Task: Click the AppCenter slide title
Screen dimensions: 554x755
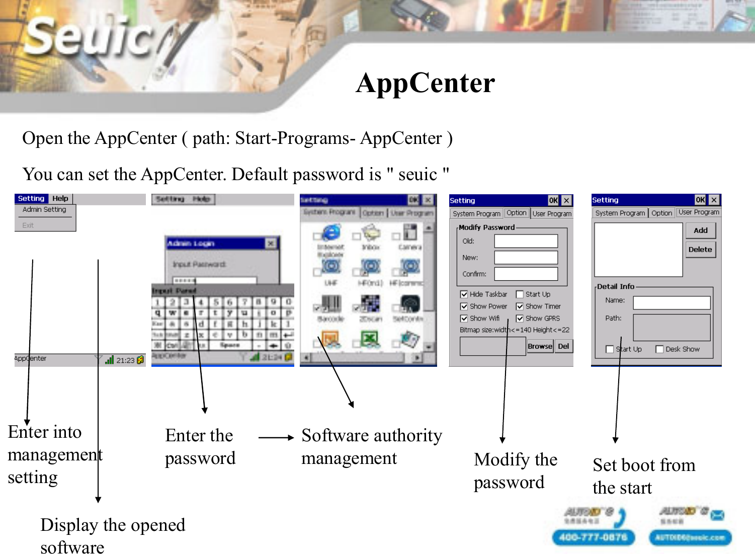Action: tap(425, 83)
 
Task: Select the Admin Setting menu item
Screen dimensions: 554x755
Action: tap(44, 210)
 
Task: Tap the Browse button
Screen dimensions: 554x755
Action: tap(540, 346)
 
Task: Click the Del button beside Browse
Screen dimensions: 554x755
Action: tap(563, 346)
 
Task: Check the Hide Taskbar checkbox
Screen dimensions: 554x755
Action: tap(464, 294)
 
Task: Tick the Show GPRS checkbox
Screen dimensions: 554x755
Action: tap(520, 319)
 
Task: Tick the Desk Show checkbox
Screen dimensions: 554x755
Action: tap(659, 349)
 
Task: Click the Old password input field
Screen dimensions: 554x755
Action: tap(526, 241)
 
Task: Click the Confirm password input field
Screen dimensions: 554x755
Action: tap(526, 274)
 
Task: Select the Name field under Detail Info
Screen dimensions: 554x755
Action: tap(671, 302)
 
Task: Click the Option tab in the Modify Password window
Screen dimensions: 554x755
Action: tap(516, 213)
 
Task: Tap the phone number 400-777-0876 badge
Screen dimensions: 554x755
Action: tap(594, 537)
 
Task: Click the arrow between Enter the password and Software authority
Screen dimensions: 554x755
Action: tap(276, 438)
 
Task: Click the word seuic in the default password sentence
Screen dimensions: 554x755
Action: tap(417, 175)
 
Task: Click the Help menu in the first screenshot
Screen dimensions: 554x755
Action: tap(60, 199)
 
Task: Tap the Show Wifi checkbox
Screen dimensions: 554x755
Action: tap(464, 319)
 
